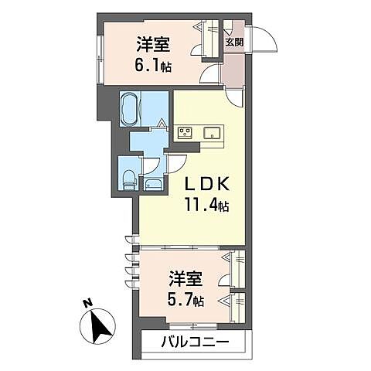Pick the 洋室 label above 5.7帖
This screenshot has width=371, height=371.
184,276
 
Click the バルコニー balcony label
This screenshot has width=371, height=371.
196,342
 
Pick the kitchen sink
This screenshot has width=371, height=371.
212,133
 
